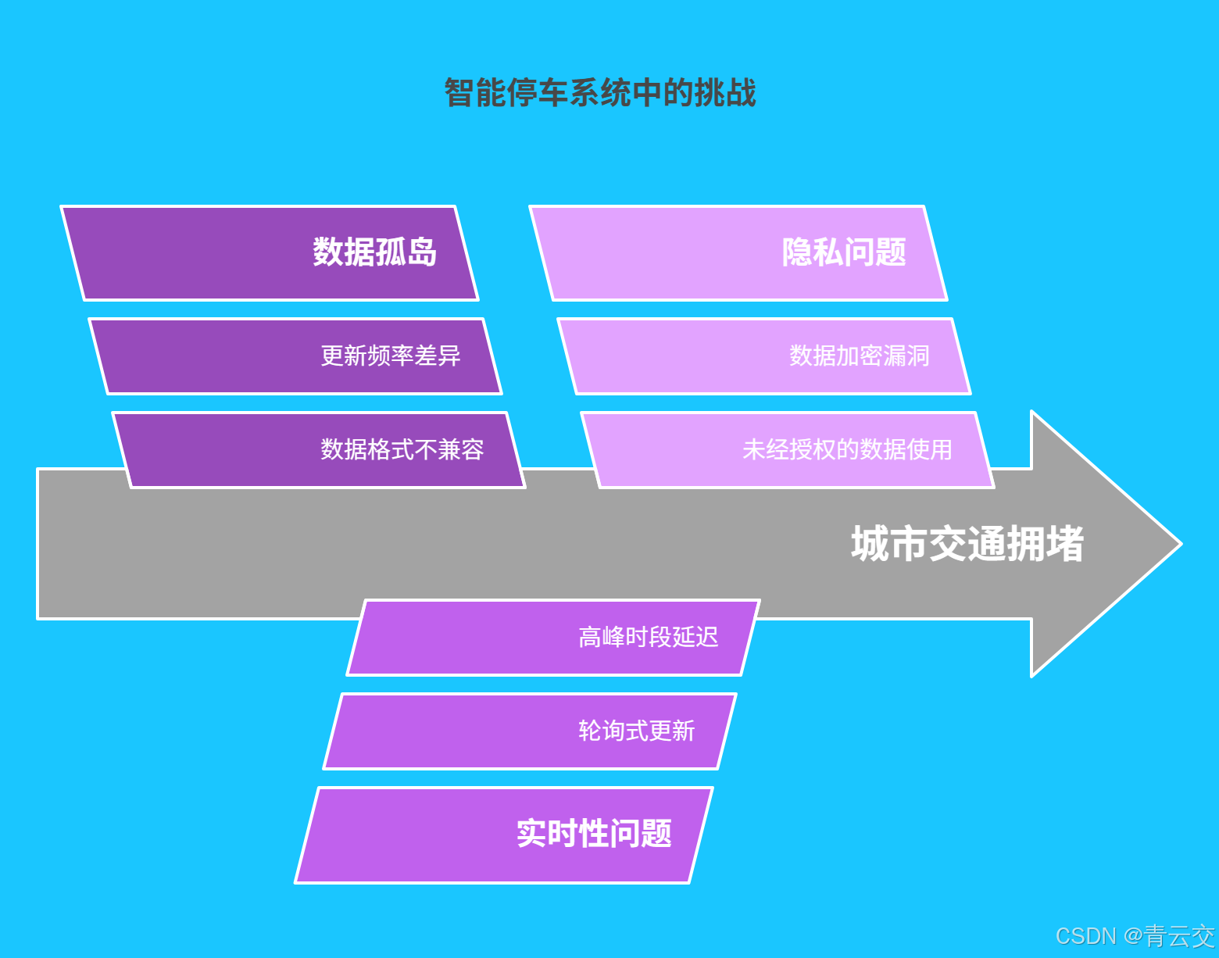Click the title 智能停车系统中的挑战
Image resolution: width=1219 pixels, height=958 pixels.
600,93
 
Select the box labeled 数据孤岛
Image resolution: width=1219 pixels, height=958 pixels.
270,253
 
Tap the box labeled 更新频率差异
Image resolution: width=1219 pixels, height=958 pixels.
295,356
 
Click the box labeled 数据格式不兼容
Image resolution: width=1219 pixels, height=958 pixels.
319,450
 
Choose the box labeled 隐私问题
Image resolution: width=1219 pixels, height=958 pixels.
738,253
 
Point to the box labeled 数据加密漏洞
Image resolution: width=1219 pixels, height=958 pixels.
764,356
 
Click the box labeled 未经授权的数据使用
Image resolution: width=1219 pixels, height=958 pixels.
788,450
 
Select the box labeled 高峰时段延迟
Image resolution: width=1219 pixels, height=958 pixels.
553,638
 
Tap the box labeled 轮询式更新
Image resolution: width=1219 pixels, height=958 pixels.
530,731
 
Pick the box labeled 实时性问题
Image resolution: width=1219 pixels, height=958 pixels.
504,835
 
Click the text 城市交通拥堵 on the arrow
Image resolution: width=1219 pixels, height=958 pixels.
967,544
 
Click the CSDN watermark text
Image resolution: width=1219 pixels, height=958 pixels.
1086,936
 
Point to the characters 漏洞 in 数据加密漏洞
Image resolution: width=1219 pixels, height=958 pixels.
906,356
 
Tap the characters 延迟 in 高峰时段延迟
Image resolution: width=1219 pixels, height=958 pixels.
695,638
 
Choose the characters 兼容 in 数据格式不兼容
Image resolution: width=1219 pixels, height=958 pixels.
461,450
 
